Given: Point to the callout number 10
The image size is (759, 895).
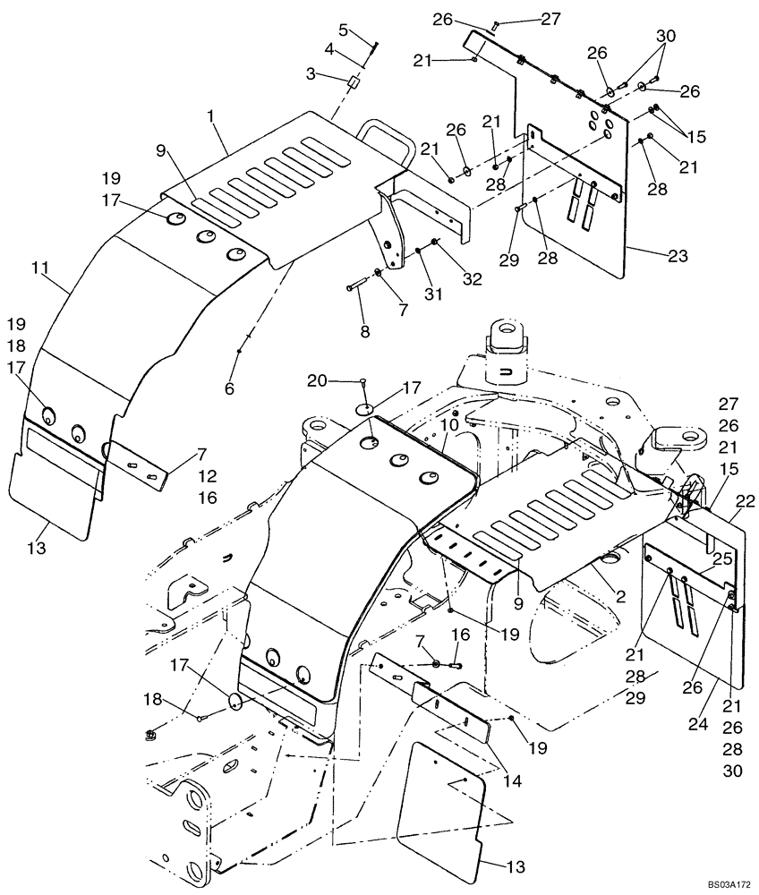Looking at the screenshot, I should point(448,421).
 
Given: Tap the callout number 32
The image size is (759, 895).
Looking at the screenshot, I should point(472,278).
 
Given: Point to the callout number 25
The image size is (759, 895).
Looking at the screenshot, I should point(723,558).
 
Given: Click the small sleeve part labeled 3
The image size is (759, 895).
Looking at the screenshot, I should point(353,82).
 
